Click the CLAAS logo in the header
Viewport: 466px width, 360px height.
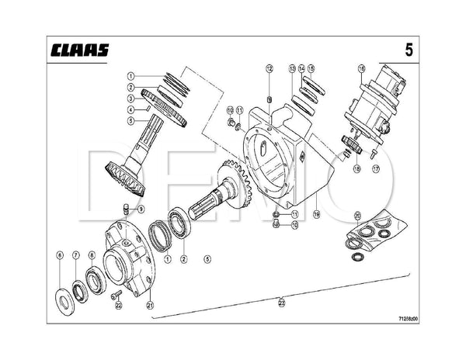point(81,50)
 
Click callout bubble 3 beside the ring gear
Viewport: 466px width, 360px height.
point(132,99)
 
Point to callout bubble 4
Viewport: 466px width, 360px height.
point(132,110)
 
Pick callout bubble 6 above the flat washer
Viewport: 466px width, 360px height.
point(60,255)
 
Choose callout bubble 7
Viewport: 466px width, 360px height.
point(76,255)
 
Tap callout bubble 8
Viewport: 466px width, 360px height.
point(92,255)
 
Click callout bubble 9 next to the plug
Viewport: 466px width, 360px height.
point(141,209)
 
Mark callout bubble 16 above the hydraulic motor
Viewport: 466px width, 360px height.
point(361,69)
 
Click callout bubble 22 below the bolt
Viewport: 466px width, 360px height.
point(119,305)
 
